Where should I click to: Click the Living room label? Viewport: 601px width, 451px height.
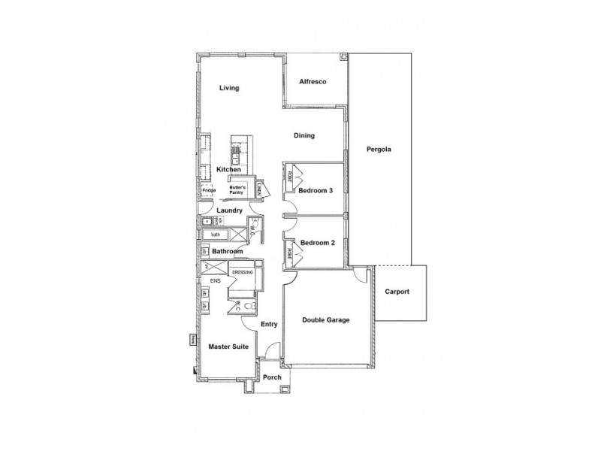coord(229,88)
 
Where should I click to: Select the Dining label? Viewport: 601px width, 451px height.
coord(304,136)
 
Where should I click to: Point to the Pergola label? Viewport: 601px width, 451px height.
coord(379,149)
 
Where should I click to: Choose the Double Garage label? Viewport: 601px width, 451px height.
coord(326,320)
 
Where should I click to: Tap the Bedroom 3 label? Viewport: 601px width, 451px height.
coord(315,191)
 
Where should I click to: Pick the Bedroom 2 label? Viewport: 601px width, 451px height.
coord(316,244)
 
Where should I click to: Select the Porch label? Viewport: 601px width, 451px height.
coord(272,378)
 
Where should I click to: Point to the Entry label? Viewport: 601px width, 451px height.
coord(269,325)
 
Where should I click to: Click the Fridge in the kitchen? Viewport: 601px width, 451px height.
coord(208,191)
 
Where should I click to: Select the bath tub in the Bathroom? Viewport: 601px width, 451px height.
coord(216,235)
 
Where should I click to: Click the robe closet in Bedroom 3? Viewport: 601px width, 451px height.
coord(290,179)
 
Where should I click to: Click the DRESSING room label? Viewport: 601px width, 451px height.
coord(242,272)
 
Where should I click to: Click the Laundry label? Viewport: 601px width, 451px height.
coord(229,210)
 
